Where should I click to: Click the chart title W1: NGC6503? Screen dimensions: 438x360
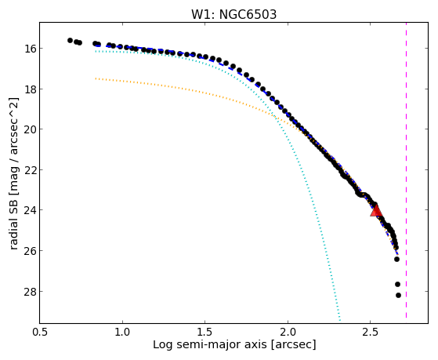click(233, 15)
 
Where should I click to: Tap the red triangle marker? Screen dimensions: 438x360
click(376, 211)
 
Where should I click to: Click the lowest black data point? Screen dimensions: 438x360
click(398, 295)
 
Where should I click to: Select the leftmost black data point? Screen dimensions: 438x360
click(70, 40)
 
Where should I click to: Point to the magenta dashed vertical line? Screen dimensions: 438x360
click(406, 170)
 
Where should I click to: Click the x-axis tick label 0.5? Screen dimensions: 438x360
click(40, 333)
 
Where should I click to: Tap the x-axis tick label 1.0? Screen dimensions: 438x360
click(122, 333)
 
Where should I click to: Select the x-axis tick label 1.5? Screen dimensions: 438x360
click(205, 333)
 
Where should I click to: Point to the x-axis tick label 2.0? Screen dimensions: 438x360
click(288, 333)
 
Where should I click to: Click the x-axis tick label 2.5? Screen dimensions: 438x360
click(370, 333)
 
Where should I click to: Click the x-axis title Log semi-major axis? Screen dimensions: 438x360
click(210, 345)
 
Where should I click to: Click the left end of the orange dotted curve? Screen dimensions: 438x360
click(96, 78)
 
